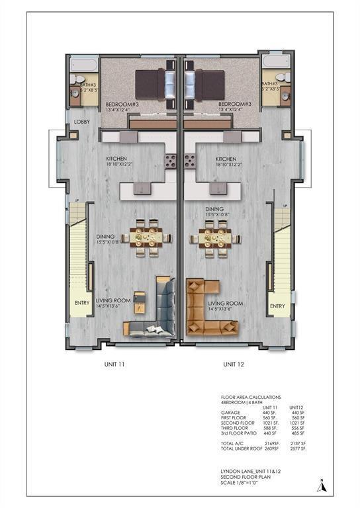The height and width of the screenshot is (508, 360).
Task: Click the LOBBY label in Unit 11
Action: pos(81,122)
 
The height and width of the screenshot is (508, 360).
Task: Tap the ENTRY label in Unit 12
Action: pos(277,306)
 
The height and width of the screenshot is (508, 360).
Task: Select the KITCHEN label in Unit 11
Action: pos(116,159)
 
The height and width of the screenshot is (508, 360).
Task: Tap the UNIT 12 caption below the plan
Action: pos(234,364)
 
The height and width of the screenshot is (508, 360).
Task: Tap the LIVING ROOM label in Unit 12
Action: pos(226,304)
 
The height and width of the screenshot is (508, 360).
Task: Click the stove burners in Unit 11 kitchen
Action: pos(170,161)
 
